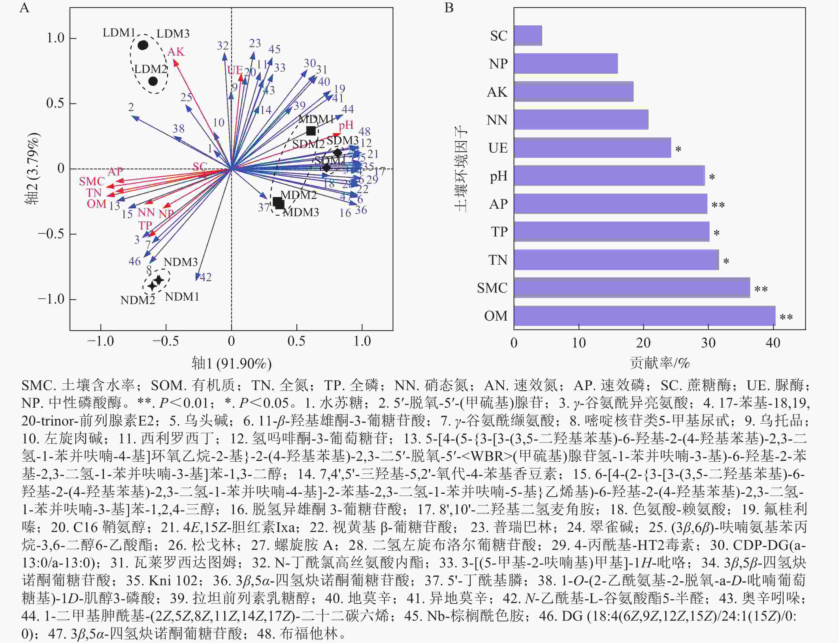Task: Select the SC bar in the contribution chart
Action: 528,36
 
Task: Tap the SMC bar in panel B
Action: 632,288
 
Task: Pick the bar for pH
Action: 609,176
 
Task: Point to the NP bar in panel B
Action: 565,64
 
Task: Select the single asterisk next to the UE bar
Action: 678,149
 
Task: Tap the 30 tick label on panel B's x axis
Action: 708,343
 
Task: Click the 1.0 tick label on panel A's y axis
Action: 55,38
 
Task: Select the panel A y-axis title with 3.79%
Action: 32,168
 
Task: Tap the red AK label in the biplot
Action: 176,52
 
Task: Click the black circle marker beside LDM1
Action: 143,45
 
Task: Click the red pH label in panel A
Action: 346,125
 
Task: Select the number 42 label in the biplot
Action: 206,277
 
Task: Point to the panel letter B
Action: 449,8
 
